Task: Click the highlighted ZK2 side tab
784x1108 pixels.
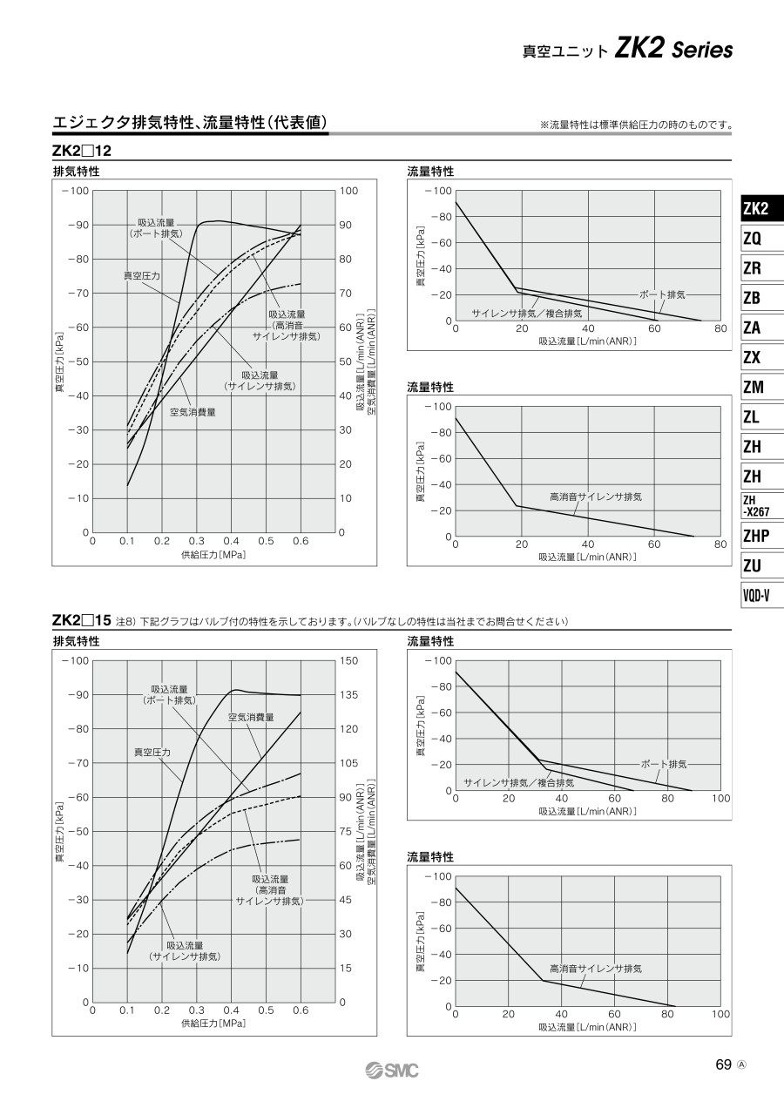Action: click(756, 209)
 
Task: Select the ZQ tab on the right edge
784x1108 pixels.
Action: click(752, 239)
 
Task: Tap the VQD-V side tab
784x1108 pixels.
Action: click(755, 596)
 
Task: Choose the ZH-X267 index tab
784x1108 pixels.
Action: click(755, 506)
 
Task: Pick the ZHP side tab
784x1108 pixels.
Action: click(755, 536)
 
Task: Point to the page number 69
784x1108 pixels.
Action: click(723, 1065)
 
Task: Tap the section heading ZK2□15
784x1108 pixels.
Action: click(81, 621)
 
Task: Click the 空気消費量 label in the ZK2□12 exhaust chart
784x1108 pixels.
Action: click(193, 412)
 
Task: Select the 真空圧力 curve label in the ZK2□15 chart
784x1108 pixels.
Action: click(152, 751)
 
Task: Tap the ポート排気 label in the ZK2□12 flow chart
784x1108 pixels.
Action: click(663, 294)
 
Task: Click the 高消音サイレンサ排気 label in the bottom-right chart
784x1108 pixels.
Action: click(596, 969)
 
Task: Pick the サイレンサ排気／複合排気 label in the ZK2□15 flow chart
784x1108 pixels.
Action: click(518, 782)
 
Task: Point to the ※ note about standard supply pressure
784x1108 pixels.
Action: click(636, 125)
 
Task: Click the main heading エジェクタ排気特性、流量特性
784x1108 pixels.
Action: click(191, 123)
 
